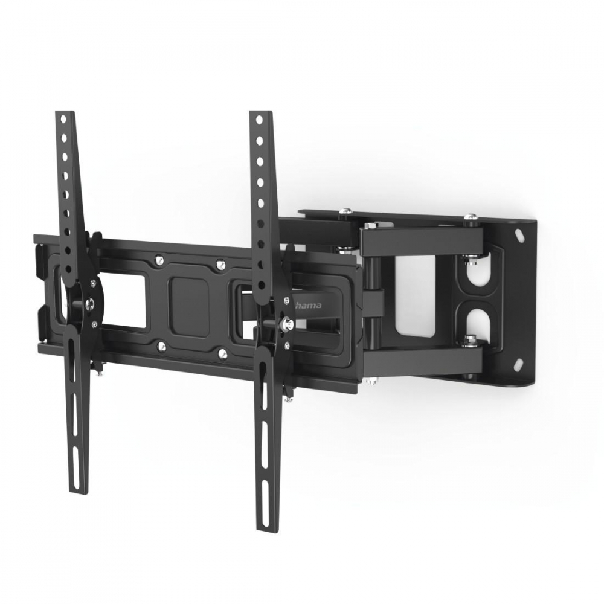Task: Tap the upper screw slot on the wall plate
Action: point(521,234)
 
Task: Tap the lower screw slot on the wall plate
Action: point(519,363)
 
